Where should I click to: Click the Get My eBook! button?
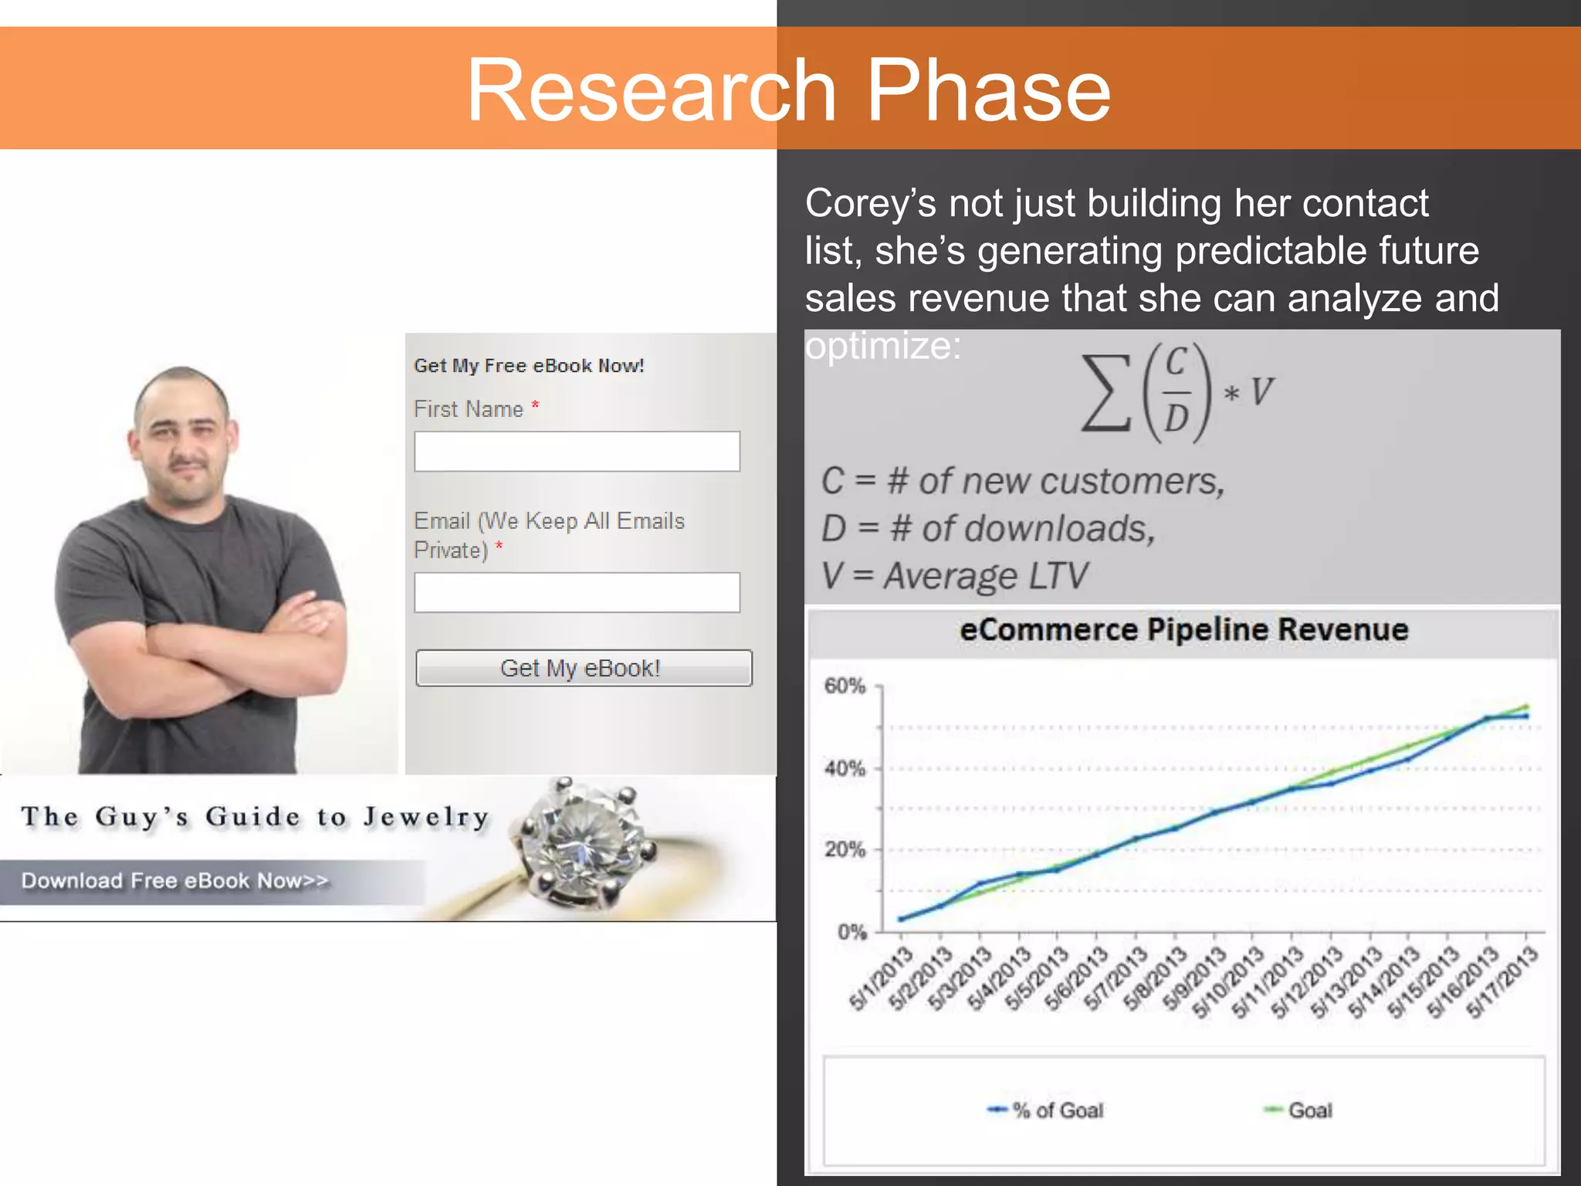(584, 668)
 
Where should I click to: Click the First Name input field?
(577, 451)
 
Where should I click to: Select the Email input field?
(577, 592)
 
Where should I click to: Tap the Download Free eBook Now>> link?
(175, 881)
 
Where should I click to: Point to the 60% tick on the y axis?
(845, 686)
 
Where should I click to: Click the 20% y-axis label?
(845, 849)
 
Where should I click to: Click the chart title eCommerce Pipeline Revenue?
(1183, 630)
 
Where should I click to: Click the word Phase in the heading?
(988, 90)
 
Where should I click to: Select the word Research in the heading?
(652, 90)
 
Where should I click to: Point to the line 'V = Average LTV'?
(954, 576)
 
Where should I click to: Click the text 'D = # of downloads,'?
(988, 529)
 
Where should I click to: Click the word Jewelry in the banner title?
(426, 817)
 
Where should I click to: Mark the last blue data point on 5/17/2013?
(1525, 717)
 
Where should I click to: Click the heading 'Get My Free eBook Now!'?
(529, 366)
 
